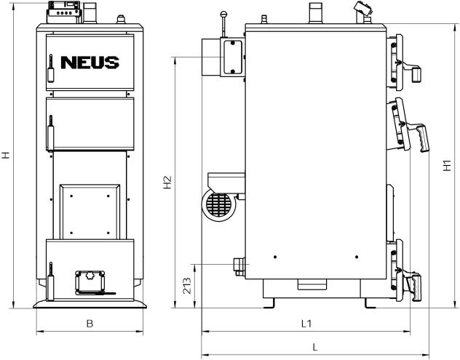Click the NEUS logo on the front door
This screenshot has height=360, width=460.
point(90,63)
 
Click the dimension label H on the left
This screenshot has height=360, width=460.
point(6,155)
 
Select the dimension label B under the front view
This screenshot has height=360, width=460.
point(90,324)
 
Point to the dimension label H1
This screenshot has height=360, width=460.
point(447,166)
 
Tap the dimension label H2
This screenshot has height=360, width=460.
point(167,183)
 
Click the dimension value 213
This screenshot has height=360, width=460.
point(187,286)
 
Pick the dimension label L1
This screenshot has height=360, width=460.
point(306,324)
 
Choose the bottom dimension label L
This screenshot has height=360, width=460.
point(315,348)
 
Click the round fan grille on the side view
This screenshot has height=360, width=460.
point(218,205)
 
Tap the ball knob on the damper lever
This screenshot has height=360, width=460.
point(224,14)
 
